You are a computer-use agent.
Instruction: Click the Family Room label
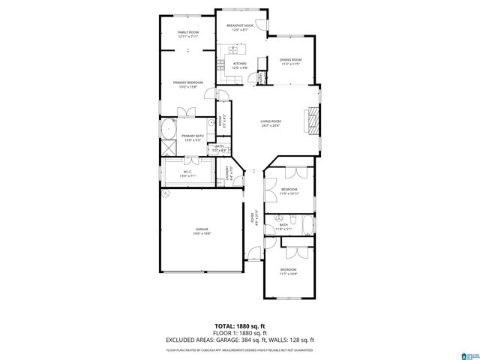coord(187,33)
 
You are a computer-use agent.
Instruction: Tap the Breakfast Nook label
coord(240,26)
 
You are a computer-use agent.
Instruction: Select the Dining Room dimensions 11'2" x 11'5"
coord(290,64)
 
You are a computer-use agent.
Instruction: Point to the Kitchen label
coord(240,64)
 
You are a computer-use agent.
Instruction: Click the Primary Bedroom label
coord(187,82)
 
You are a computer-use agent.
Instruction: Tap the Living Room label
coord(271,121)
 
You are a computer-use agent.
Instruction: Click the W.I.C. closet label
coord(187,172)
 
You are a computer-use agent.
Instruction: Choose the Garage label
coord(202,229)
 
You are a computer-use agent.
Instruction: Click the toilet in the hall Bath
coord(295,218)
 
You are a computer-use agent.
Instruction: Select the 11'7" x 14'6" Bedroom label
coord(289,268)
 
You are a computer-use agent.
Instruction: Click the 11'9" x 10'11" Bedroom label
coord(289,188)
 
